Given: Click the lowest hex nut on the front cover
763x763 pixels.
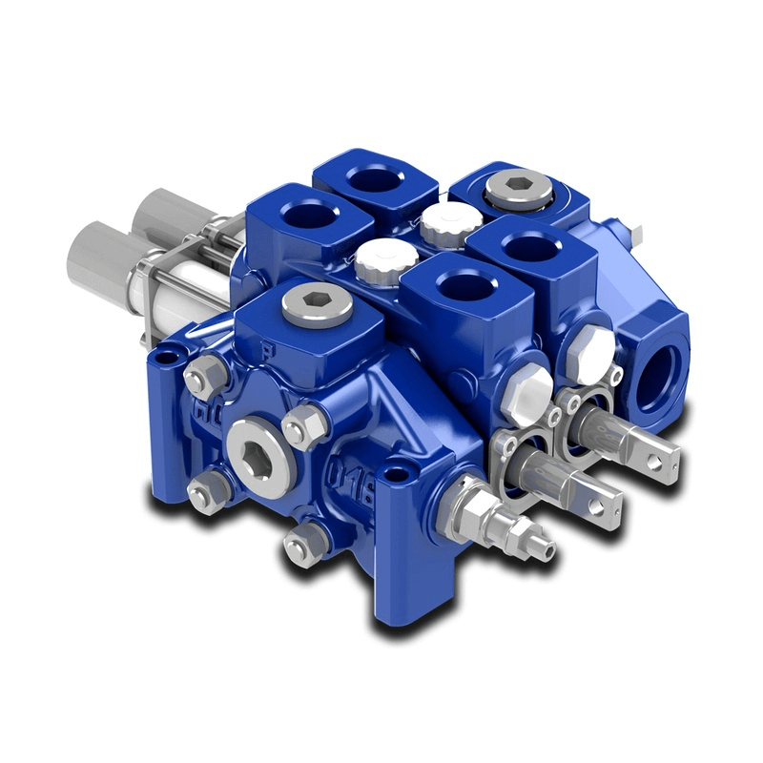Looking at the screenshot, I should pos(299,546).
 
